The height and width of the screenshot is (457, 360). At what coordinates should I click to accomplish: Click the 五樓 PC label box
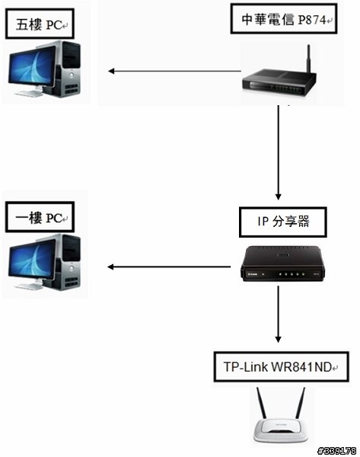[x=40, y=24]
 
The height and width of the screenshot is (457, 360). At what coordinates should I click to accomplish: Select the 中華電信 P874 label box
[x=284, y=19]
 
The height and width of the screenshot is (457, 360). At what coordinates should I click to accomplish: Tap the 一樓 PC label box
[x=40, y=217]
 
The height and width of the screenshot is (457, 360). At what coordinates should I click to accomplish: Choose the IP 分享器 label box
[x=283, y=222]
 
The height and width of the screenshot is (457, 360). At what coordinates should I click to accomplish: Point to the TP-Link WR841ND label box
[x=282, y=366]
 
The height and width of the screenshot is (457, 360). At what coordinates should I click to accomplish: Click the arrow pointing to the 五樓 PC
[x=175, y=71]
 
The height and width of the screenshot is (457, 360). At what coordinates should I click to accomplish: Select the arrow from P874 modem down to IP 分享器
[x=278, y=152]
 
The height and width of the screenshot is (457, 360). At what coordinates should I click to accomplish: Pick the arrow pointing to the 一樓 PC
[x=169, y=267]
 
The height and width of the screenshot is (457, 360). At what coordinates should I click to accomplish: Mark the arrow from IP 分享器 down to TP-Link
[x=278, y=314]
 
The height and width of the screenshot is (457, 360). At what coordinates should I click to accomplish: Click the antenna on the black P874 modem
[x=309, y=59]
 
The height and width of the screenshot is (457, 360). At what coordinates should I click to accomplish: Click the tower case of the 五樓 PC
[x=68, y=69]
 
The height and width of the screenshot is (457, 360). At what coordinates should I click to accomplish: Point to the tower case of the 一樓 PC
[x=68, y=262]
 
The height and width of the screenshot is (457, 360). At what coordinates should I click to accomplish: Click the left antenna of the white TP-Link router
[x=262, y=403]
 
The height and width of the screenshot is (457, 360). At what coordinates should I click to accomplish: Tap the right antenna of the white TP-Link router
[x=301, y=403]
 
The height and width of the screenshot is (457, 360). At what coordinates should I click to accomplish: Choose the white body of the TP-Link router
[x=281, y=430]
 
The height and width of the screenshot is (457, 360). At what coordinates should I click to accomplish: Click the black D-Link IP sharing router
[x=282, y=264]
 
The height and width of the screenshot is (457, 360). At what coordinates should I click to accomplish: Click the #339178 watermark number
[x=337, y=451]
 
